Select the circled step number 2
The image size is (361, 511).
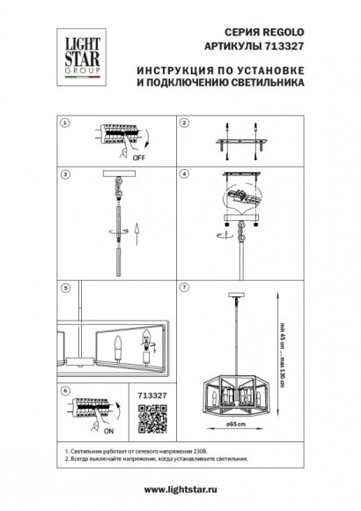[185, 122]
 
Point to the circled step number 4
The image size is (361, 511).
[185, 174]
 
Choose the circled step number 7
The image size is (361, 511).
[185, 286]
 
